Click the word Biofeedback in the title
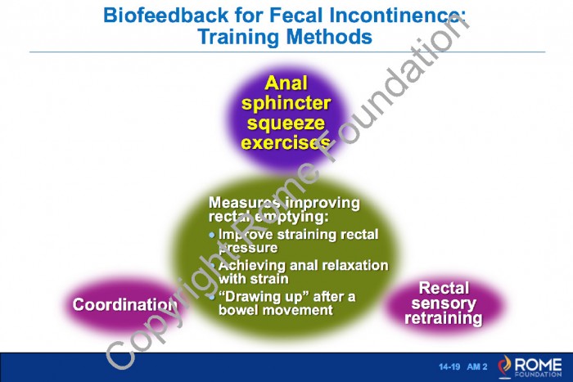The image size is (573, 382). click(166, 16)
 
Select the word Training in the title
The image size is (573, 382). click(239, 38)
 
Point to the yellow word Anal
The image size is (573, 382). click(286, 83)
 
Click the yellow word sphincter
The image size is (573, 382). click(286, 104)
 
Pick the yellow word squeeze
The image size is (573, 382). click(286, 124)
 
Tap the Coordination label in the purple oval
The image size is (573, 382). click(125, 304)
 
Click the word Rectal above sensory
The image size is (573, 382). click(444, 288)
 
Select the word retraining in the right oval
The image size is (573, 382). click(444, 318)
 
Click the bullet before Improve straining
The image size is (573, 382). click(212, 236)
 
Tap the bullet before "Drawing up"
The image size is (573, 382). click(212, 297)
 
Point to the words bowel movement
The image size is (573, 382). click(276, 310)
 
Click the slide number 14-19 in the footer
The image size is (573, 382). click(449, 366)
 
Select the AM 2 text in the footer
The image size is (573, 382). click(477, 366)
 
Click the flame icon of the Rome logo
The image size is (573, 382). click(505, 366)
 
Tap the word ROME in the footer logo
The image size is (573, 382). click(538, 365)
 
